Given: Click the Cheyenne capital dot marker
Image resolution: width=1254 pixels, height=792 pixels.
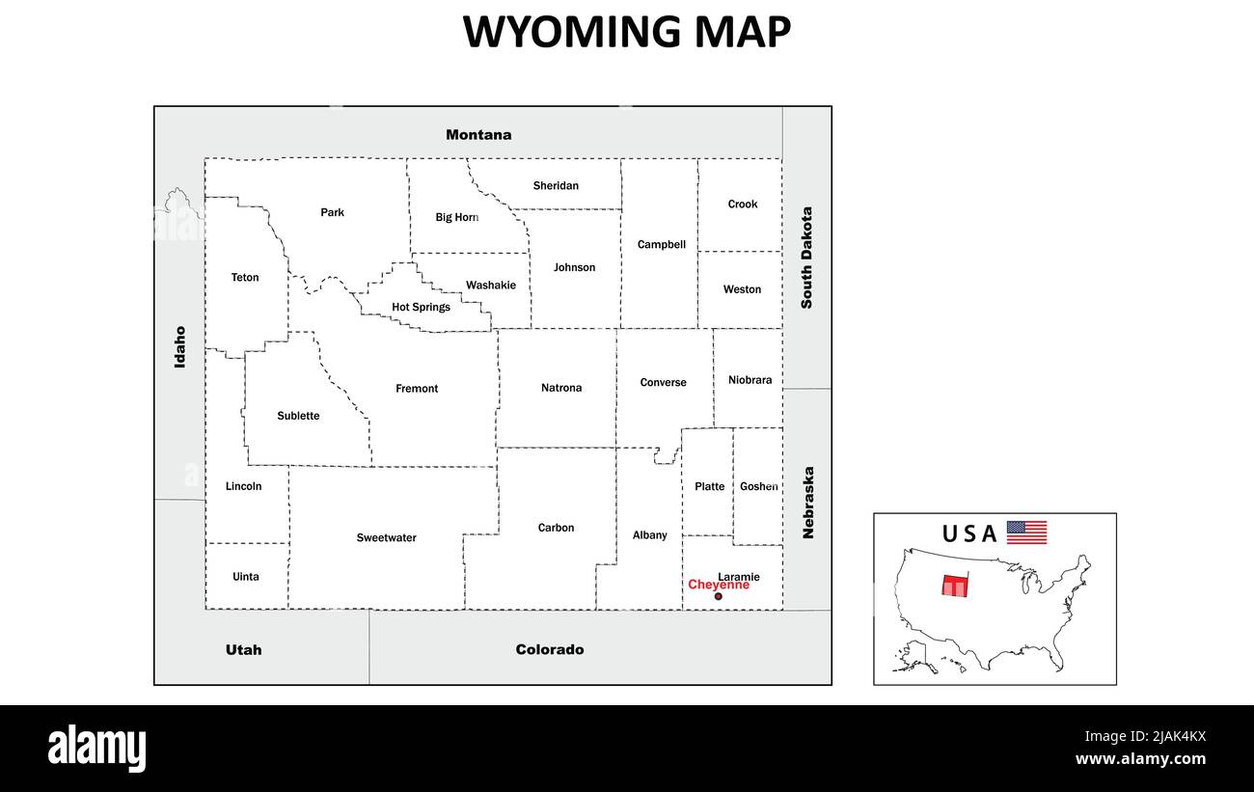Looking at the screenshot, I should point(718,597).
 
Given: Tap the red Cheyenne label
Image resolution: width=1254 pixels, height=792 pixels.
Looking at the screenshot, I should point(718,585).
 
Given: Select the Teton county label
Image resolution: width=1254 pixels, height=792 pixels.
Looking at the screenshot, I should point(245,278).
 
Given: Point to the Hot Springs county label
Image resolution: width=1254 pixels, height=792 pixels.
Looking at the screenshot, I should point(421,308).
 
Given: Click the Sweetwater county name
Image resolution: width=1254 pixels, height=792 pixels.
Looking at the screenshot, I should point(386,538).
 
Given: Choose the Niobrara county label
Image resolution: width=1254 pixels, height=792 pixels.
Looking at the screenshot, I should point(750,380).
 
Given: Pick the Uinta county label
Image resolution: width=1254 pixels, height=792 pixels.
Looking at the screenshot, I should point(246,577).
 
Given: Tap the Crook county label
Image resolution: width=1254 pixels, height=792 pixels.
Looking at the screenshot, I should point(743,205).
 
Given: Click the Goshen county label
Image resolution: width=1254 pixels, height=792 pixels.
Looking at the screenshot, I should point(758,487).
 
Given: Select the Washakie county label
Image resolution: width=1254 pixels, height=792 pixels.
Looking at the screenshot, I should point(490,286).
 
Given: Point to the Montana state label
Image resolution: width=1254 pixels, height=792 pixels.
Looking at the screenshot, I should point(478,135).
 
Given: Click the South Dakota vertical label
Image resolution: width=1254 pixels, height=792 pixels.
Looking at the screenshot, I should point(806,258).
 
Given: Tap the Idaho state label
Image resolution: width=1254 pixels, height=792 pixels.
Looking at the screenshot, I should point(179,346).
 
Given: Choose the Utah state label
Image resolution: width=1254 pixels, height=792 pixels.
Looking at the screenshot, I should point(243,650).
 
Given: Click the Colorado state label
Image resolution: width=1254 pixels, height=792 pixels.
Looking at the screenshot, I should point(550,650).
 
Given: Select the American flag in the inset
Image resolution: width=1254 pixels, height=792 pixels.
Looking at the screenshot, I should point(1026,533).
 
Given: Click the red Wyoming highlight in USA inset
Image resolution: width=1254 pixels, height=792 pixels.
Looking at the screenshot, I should point(954,587).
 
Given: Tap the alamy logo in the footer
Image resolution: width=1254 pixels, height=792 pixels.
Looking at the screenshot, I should point(97,749).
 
